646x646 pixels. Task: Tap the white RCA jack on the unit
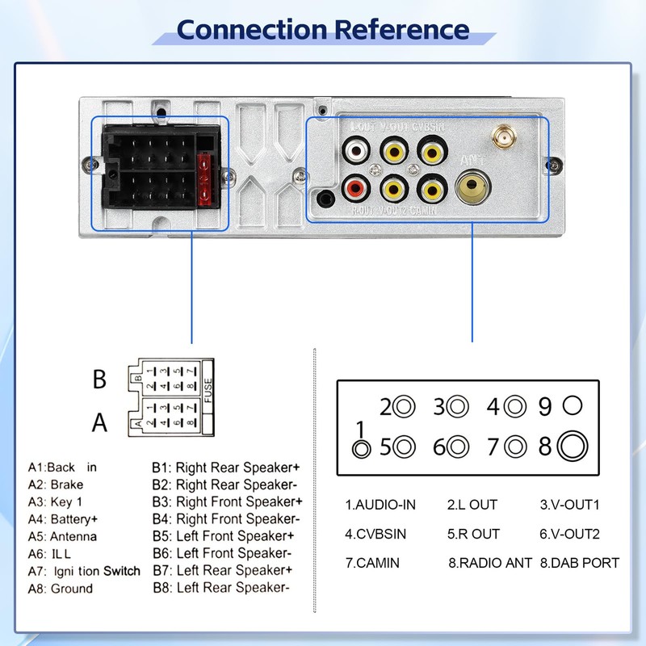(355, 150)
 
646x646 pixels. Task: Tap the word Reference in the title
(401, 30)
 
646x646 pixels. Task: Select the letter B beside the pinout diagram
(99, 380)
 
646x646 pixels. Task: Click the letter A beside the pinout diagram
(99, 422)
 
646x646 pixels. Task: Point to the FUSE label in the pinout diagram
(208, 391)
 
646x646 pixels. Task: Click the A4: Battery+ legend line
(63, 518)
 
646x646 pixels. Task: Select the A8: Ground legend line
(61, 588)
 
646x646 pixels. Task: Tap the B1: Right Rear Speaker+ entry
(226, 467)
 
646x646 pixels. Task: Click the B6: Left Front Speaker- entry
(222, 553)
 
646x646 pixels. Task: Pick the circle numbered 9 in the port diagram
(573, 405)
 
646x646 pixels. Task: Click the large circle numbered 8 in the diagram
(572, 446)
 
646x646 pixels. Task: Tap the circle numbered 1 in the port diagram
(362, 447)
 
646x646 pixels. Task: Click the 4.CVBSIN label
(375, 534)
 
